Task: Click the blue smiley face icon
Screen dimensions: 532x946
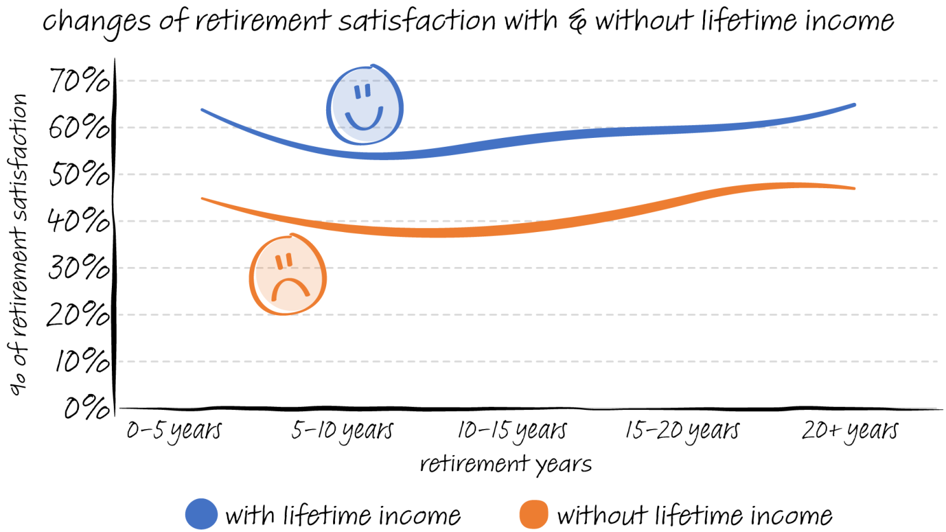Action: click(x=365, y=106)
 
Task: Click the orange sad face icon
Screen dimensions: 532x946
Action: click(x=288, y=275)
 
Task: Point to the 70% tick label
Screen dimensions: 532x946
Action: click(x=79, y=81)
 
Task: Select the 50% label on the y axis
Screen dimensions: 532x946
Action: click(x=79, y=174)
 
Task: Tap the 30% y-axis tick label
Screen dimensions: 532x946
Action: click(x=79, y=268)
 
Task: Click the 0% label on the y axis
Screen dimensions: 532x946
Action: click(x=86, y=408)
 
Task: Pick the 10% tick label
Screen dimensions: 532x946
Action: click(x=81, y=362)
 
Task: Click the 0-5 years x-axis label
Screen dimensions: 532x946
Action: click(x=174, y=431)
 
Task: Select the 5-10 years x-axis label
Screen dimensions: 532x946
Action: click(x=342, y=431)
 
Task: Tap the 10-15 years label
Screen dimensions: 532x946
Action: click(x=512, y=431)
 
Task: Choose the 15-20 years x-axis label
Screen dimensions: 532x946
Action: click(x=682, y=431)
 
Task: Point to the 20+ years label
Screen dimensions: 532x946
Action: click(x=849, y=431)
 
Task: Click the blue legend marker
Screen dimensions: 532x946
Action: click(x=201, y=514)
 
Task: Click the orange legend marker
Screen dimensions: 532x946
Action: click(x=534, y=514)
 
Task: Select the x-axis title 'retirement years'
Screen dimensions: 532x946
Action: click(x=505, y=465)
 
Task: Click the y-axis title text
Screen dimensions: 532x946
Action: click(x=19, y=245)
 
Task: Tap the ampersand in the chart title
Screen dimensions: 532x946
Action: click(x=577, y=23)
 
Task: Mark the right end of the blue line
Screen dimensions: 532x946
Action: click(x=854, y=105)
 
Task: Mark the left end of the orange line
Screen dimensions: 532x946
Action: click(x=203, y=199)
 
